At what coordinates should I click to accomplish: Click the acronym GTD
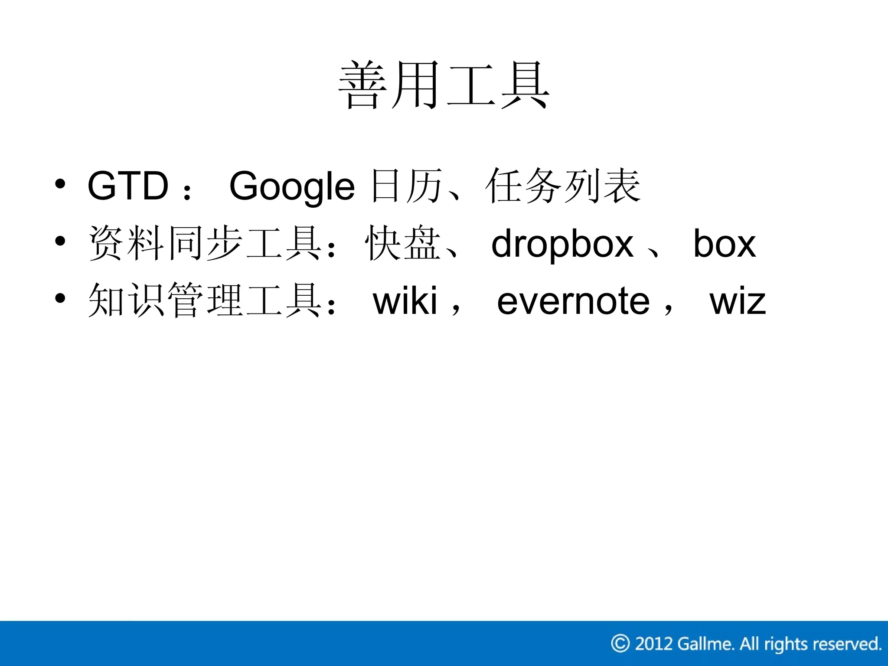128,186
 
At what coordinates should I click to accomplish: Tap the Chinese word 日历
406,186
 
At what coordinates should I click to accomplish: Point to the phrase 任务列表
563,186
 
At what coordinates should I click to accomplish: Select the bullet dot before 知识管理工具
60,298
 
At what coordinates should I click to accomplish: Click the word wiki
405,301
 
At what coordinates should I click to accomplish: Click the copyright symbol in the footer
620,643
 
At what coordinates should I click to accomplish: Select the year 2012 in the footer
653,643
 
